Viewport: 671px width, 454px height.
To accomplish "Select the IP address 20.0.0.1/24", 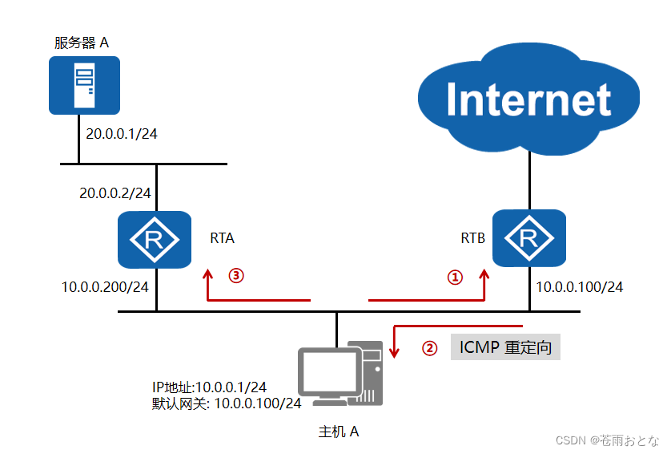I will (118, 133).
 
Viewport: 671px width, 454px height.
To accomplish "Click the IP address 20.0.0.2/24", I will (115, 193).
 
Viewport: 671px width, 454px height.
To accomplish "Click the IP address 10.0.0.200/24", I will (106, 286).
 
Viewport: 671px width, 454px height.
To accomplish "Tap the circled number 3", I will (235, 275).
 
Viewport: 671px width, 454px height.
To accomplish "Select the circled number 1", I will (454, 278).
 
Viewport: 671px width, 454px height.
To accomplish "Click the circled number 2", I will (430, 349).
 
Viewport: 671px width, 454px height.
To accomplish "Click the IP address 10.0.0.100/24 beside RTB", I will (579, 286).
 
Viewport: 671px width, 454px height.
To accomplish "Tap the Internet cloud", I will (528, 99).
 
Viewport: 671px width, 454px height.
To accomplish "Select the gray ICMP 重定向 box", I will (505, 348).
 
